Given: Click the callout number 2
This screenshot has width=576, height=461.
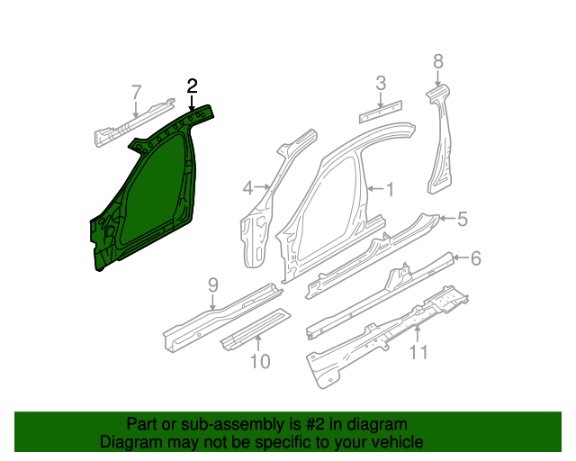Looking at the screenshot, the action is click(x=192, y=86).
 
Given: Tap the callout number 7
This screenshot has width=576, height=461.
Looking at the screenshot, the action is click(x=136, y=92).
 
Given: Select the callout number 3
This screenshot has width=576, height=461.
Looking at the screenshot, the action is click(x=381, y=83).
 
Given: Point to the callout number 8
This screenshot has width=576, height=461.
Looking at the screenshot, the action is click(x=438, y=61).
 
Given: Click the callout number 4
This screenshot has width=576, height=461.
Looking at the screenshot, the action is click(x=248, y=188).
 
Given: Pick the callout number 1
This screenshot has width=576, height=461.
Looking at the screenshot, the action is click(x=390, y=190).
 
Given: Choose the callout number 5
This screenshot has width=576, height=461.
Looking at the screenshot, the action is click(x=463, y=219).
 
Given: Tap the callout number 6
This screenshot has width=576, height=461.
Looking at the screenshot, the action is click(x=476, y=258).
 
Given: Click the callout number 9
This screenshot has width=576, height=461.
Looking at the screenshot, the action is click(x=213, y=285).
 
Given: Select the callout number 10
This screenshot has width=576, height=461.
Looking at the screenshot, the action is click(x=260, y=361).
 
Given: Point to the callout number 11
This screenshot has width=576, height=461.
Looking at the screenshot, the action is click(x=418, y=352).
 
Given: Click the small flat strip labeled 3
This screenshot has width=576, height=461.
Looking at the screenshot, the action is click(x=380, y=112).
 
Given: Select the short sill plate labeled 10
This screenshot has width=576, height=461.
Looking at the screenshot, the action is click(x=256, y=330).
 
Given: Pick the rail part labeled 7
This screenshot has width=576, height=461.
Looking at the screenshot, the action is click(x=134, y=122).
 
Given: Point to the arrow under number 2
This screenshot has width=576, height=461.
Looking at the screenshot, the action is click(x=192, y=103).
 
